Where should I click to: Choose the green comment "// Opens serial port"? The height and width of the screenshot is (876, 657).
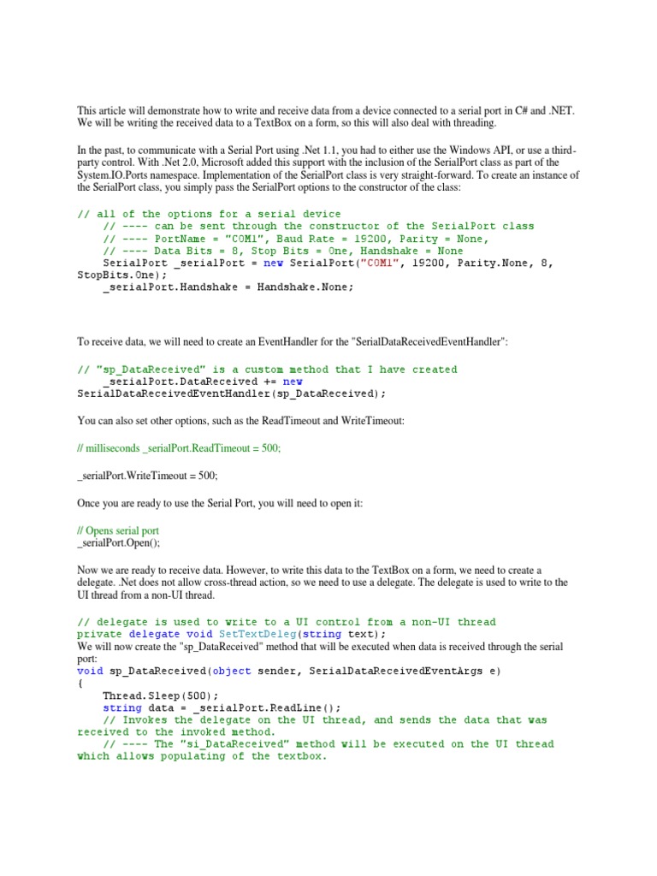pos(118,530)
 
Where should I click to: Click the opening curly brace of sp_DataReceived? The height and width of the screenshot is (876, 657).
pos(80,684)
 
